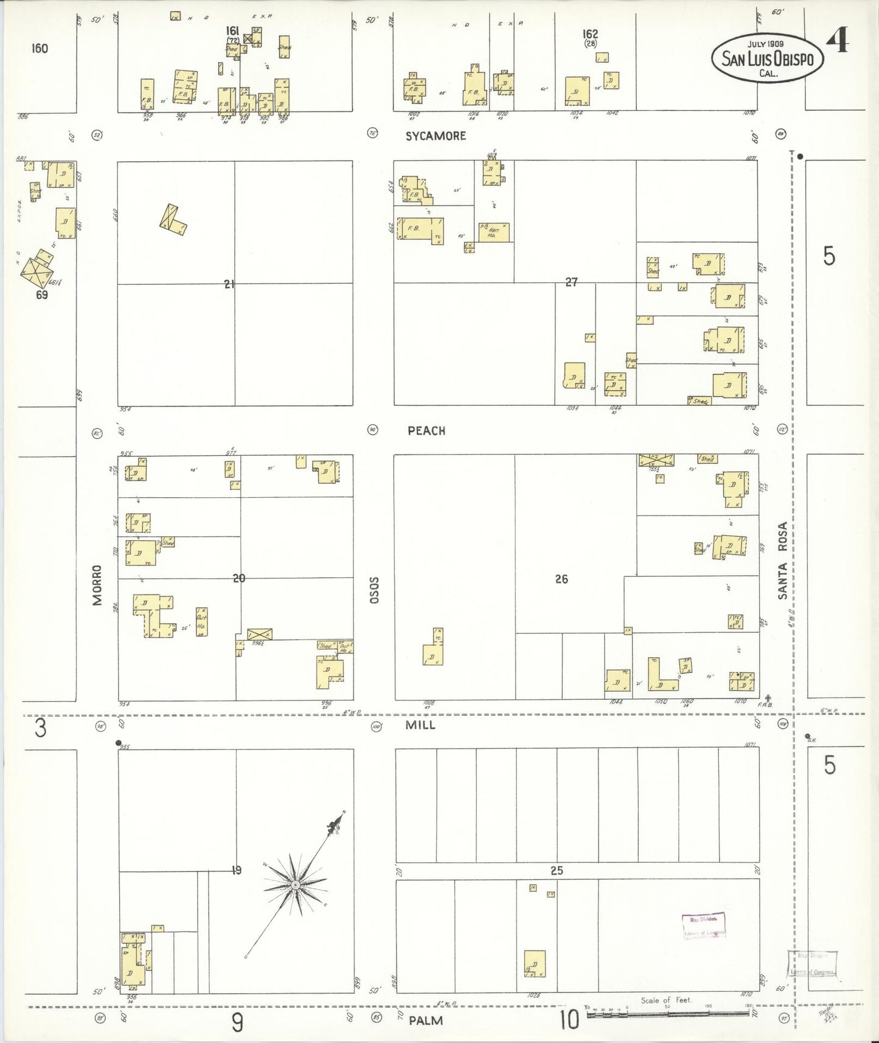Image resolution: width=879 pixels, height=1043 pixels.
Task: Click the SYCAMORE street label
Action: (x=436, y=136)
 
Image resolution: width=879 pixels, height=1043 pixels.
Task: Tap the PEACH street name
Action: (x=426, y=431)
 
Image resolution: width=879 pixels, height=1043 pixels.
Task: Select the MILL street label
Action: (x=420, y=725)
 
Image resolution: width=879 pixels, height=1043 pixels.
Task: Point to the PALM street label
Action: (x=426, y=1020)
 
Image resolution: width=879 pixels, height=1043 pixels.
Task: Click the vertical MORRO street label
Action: (x=97, y=585)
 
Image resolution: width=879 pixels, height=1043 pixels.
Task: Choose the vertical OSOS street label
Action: (x=375, y=590)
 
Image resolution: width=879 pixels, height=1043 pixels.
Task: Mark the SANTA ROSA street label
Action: (x=783, y=560)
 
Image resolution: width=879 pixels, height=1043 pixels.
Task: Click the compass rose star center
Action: (x=295, y=885)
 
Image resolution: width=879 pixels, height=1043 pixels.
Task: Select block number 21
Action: (x=229, y=284)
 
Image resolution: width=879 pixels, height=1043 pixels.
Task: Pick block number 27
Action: (x=571, y=282)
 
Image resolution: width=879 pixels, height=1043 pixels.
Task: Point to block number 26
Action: (x=561, y=579)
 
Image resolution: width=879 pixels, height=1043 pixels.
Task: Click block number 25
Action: (x=557, y=871)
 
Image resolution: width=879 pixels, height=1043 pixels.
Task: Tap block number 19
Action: (x=237, y=871)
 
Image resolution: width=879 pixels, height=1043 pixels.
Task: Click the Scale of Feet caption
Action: (x=666, y=1000)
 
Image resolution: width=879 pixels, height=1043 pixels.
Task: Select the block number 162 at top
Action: (x=589, y=34)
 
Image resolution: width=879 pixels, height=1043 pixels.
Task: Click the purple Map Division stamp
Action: (x=704, y=926)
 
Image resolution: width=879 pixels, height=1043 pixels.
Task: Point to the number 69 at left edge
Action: (x=41, y=295)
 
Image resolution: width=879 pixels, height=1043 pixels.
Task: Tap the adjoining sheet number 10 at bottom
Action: (x=569, y=1020)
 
